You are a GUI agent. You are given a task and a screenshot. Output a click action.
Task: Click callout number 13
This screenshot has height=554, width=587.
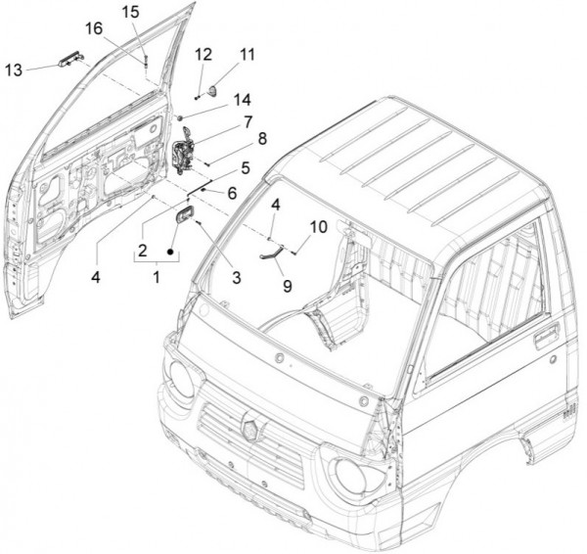(x=14, y=69)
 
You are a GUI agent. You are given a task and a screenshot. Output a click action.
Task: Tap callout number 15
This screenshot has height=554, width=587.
(x=131, y=13)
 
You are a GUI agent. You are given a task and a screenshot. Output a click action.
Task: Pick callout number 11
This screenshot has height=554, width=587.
(x=246, y=52)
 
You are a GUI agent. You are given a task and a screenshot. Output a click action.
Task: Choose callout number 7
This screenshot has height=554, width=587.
(x=248, y=121)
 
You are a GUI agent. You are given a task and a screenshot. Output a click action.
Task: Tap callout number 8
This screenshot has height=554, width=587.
(x=260, y=140)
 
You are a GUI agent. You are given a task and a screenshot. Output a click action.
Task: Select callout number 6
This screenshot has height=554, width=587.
(x=231, y=193)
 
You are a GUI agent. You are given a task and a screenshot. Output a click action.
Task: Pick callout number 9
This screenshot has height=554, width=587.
(x=286, y=286)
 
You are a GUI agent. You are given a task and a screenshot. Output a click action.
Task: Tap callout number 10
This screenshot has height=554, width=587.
(x=318, y=227)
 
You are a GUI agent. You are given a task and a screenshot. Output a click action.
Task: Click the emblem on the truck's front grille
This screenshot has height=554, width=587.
(x=249, y=428)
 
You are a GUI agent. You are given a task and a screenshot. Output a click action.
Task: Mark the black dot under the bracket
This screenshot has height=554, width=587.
(x=172, y=252)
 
